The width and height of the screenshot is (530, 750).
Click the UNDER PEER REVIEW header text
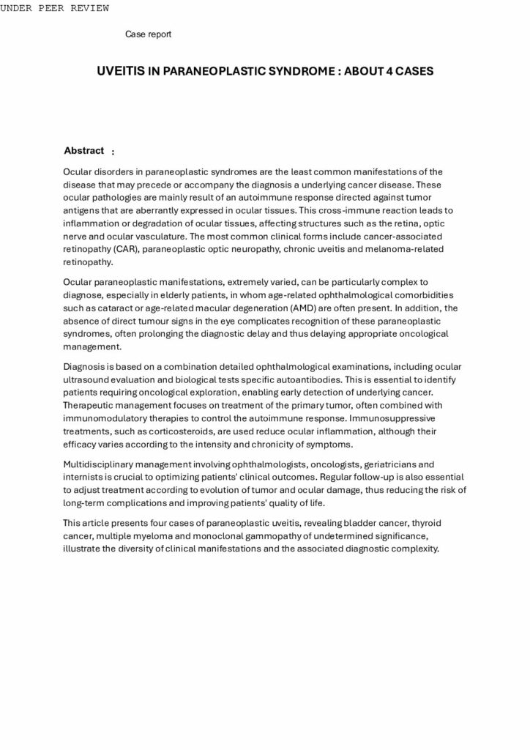click(x=55, y=8)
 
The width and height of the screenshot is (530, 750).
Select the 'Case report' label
click(x=148, y=34)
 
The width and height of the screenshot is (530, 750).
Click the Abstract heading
click(x=83, y=151)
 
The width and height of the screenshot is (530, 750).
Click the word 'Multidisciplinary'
click(x=100, y=464)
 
